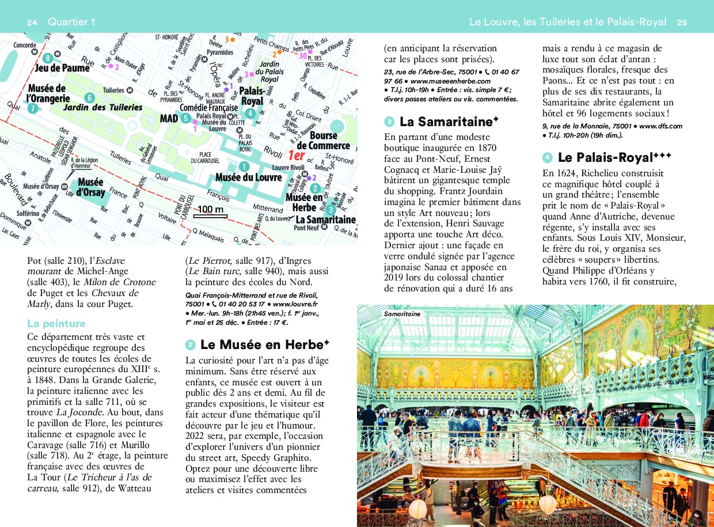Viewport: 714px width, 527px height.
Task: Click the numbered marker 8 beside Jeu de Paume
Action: (x=47, y=58)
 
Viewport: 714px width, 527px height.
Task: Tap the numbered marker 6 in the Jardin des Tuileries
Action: (x=89, y=98)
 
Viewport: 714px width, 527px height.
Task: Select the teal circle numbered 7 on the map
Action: (x=33, y=108)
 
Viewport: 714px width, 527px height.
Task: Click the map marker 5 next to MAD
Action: (x=185, y=118)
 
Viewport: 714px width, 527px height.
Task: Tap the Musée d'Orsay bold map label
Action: (x=91, y=187)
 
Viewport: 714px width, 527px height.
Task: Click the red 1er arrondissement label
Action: (x=296, y=155)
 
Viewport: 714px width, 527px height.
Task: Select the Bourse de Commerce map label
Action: (x=323, y=141)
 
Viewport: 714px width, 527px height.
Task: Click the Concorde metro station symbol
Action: (x=35, y=51)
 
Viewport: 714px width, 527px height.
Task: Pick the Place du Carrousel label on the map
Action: (x=206, y=157)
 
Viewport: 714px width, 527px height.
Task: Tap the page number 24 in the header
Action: (x=32, y=22)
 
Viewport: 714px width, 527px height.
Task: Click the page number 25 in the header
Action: (x=682, y=22)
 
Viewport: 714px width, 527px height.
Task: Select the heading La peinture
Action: (x=56, y=324)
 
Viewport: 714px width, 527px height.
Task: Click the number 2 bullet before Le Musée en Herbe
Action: (x=191, y=345)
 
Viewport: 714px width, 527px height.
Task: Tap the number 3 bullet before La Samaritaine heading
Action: (x=390, y=122)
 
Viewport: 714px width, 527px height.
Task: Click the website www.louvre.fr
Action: (x=295, y=304)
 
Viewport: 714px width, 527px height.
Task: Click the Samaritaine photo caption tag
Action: (x=402, y=314)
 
